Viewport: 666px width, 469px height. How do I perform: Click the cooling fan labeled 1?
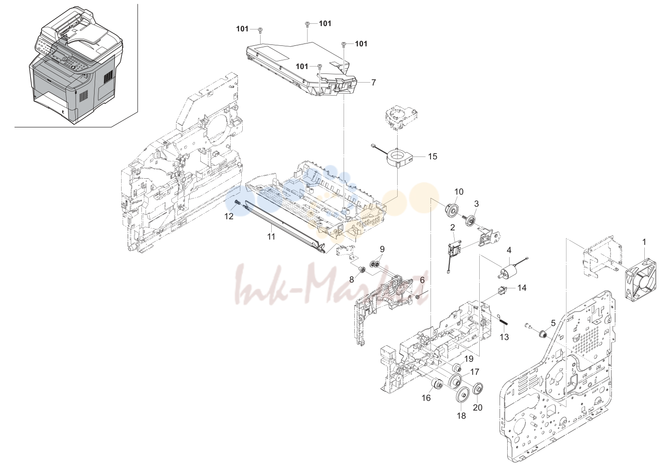[640, 281]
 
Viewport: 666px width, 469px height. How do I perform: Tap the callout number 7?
[374, 83]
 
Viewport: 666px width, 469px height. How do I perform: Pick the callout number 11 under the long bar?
[271, 237]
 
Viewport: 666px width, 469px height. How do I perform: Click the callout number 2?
[453, 227]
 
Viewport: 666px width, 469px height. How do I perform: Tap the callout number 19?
[469, 359]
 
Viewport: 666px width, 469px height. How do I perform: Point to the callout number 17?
[475, 372]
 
